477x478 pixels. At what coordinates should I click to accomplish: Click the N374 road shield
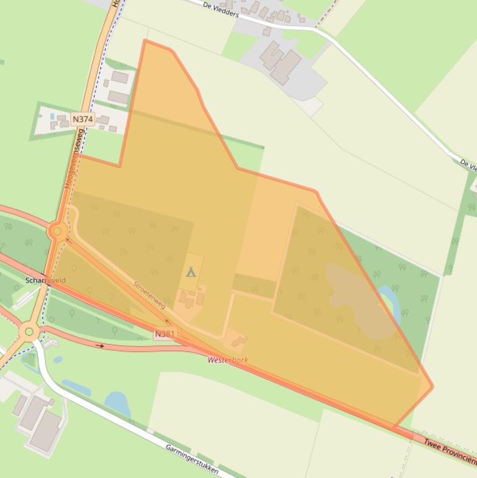click(x=82, y=119)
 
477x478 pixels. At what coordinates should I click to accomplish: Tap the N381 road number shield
click(x=165, y=334)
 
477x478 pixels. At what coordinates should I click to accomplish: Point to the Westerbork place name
click(x=228, y=359)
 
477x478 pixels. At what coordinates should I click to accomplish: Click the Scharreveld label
click(x=45, y=281)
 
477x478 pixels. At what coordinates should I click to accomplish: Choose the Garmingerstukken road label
click(x=192, y=459)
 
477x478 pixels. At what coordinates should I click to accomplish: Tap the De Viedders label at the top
click(x=220, y=9)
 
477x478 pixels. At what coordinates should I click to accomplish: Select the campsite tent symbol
click(x=191, y=272)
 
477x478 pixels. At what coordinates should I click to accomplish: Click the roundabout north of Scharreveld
click(x=57, y=232)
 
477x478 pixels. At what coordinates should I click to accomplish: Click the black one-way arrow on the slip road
click(x=99, y=345)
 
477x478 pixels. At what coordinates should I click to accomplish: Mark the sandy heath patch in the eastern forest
click(x=357, y=298)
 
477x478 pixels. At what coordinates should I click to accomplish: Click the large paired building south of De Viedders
click(x=280, y=62)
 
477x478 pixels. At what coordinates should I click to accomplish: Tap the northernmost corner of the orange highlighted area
click(x=145, y=40)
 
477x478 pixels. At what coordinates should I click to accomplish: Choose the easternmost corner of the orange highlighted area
click(x=432, y=386)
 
